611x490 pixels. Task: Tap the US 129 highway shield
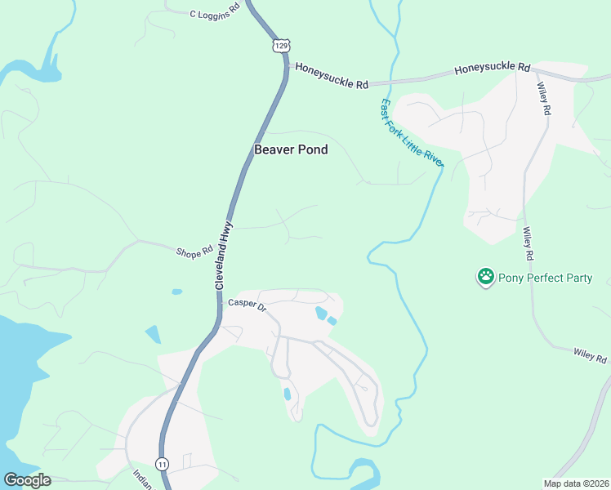pyautogui.click(x=281, y=46)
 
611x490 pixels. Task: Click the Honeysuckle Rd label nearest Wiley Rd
pyautogui.click(x=492, y=69)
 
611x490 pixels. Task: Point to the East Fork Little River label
pyautogui.click(x=411, y=134)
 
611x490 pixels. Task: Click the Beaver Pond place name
pyautogui.click(x=291, y=149)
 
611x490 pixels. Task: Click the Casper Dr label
pyautogui.click(x=247, y=304)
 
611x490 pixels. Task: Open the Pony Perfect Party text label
pyautogui.click(x=545, y=278)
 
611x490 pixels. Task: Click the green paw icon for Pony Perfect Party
pyautogui.click(x=486, y=277)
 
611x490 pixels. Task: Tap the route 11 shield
pyautogui.click(x=163, y=463)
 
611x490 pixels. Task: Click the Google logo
pyautogui.click(x=27, y=480)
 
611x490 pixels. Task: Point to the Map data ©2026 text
pyautogui.click(x=576, y=483)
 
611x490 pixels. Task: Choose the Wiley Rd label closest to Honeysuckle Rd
pyautogui.click(x=544, y=97)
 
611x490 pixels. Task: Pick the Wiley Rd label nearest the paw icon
pyautogui.click(x=528, y=244)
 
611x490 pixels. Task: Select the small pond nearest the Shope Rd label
pyautogui.click(x=176, y=291)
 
